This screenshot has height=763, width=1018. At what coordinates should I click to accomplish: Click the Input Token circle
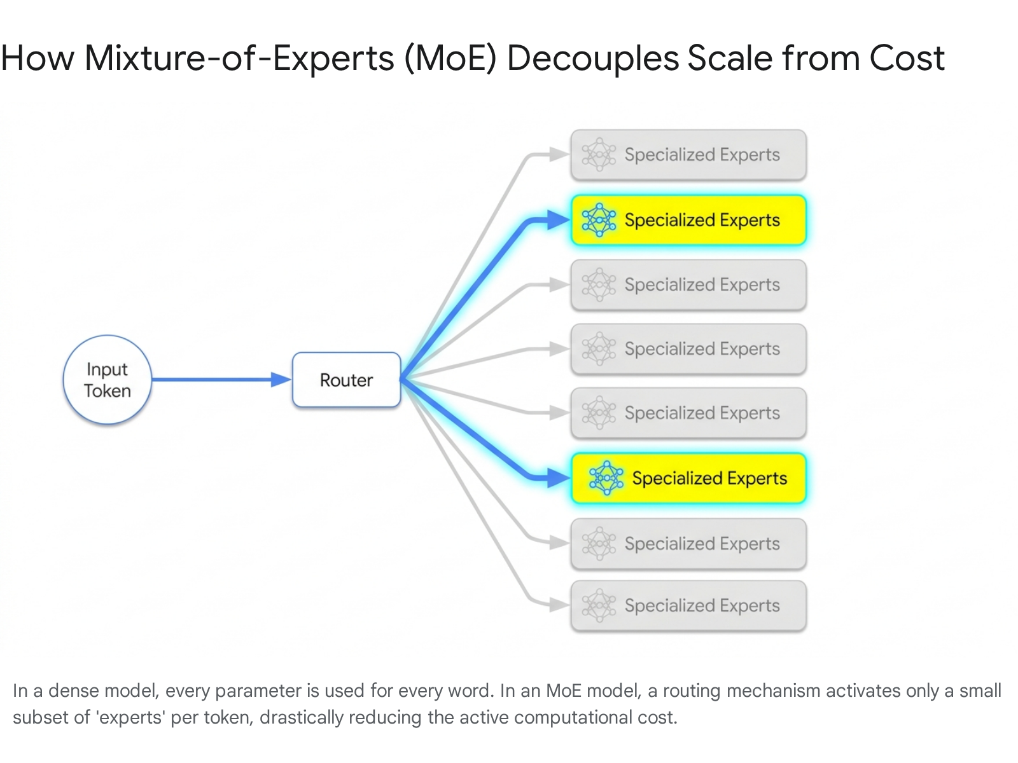[107, 380]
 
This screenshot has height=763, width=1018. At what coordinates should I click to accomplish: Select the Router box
[347, 380]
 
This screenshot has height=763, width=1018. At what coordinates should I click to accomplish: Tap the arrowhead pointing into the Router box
[281, 380]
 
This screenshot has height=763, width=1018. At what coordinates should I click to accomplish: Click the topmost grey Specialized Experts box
[688, 155]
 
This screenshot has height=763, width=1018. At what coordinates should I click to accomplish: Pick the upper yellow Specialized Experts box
[688, 220]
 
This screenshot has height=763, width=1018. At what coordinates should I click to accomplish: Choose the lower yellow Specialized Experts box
[688, 478]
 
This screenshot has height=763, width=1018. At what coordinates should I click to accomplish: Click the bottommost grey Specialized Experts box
[688, 605]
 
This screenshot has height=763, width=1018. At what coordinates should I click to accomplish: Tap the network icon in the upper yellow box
[599, 220]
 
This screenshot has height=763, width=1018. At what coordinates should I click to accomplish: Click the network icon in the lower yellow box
[606, 478]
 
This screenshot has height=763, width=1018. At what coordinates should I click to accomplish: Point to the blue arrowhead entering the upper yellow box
[559, 220]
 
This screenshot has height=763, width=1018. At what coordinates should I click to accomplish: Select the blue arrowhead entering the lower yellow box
[559, 478]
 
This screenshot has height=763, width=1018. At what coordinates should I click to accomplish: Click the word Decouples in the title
[593, 59]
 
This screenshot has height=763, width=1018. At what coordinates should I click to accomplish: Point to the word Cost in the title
[907, 58]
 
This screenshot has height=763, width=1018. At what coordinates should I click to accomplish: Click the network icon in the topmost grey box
[599, 155]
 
